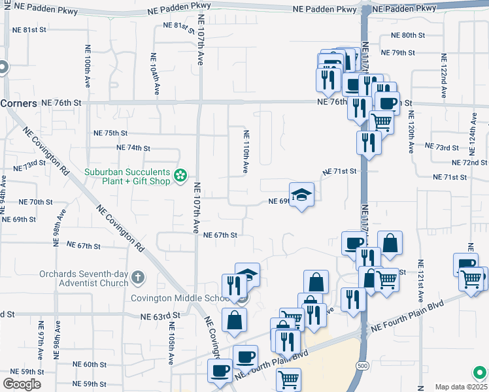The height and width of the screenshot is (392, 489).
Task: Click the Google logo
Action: (22, 384)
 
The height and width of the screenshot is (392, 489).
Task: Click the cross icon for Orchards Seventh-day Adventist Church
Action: (137, 278)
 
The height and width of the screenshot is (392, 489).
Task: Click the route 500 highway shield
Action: (362, 367)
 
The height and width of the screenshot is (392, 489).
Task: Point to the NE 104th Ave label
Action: (154, 74)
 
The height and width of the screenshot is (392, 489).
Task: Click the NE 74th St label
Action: (133, 148)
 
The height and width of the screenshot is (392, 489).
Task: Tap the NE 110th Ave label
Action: (246, 152)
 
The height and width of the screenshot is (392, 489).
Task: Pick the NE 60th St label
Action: (90, 365)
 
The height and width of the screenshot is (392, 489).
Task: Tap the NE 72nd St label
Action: (469, 162)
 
